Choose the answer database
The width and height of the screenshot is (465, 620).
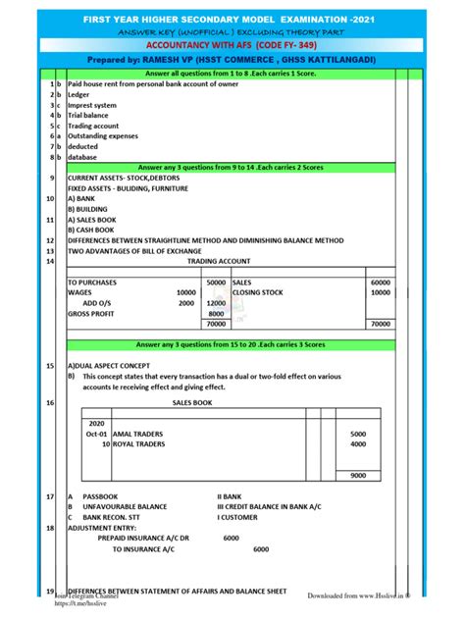[x=82, y=157]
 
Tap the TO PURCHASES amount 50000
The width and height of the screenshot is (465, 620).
[x=215, y=283]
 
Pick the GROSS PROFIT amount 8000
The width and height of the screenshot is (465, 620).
[x=217, y=314]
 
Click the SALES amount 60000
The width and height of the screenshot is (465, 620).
[x=381, y=283]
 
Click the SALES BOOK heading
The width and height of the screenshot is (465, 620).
[x=192, y=402]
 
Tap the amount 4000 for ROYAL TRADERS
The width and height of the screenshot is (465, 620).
[x=357, y=443]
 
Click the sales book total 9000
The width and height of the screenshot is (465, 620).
[x=357, y=475]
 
